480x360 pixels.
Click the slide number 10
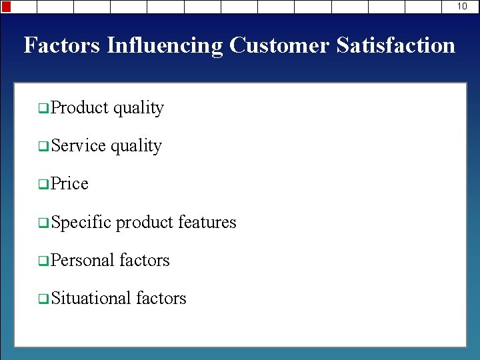[x=462, y=6]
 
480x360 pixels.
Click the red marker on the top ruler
[x=7, y=7]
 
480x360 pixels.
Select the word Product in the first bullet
[x=79, y=107]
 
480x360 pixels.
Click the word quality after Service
[x=136, y=145]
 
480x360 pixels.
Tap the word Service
[x=78, y=145]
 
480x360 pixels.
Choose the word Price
[x=69, y=183]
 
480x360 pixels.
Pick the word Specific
[x=81, y=221]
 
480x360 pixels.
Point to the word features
[x=207, y=221]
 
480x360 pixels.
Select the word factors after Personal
[x=145, y=259]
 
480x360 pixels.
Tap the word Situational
[x=91, y=297]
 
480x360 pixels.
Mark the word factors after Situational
[x=161, y=297]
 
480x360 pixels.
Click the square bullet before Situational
[x=43, y=299]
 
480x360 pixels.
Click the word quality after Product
[x=138, y=107]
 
